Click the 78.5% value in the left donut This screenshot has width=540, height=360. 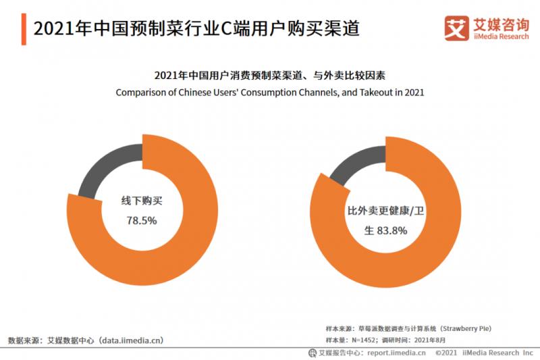coord(142,220)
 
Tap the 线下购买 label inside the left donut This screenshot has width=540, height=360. coord(142,201)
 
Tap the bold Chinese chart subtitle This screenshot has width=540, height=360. coord(270,75)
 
